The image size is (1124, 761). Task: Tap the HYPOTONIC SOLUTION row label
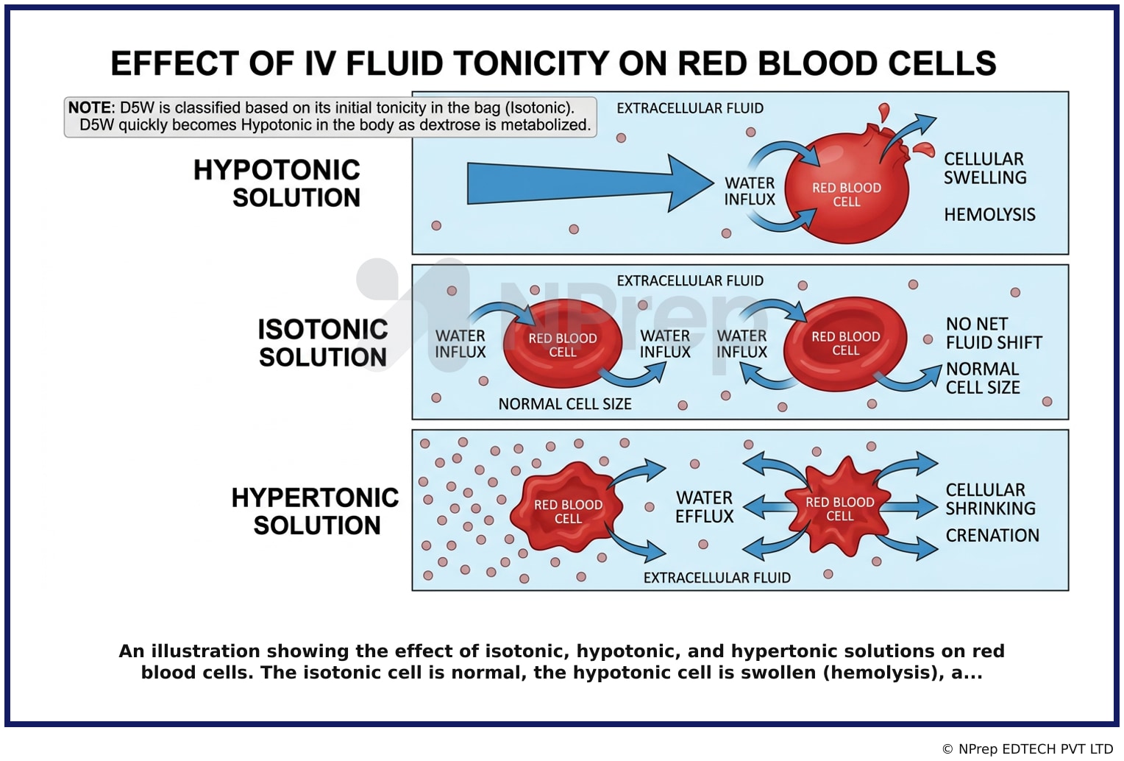click(x=277, y=183)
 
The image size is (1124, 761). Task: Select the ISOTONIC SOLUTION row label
click(x=323, y=344)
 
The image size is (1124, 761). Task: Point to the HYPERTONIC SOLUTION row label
click(x=315, y=512)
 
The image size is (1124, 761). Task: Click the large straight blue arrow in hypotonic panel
click(x=590, y=183)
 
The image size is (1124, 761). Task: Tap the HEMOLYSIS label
click(x=989, y=215)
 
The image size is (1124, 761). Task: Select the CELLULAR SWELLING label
click(x=985, y=168)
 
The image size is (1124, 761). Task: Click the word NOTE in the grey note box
click(x=90, y=108)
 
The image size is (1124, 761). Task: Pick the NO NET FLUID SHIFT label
click(x=994, y=333)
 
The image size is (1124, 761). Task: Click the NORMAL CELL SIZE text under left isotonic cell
click(x=564, y=404)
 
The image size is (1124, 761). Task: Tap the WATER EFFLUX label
click(x=705, y=507)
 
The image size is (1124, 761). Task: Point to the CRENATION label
click(x=992, y=536)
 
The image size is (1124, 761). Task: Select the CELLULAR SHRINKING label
click(x=991, y=499)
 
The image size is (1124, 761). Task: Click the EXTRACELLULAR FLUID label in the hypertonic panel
click(x=717, y=578)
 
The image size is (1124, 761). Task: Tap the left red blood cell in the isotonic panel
click(x=563, y=344)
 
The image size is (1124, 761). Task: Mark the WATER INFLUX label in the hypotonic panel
click(x=750, y=191)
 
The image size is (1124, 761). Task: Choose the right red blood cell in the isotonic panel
click(x=845, y=344)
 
